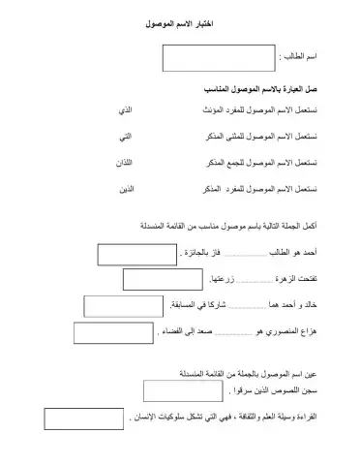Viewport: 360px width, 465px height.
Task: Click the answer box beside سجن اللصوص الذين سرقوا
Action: pos(184,391)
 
